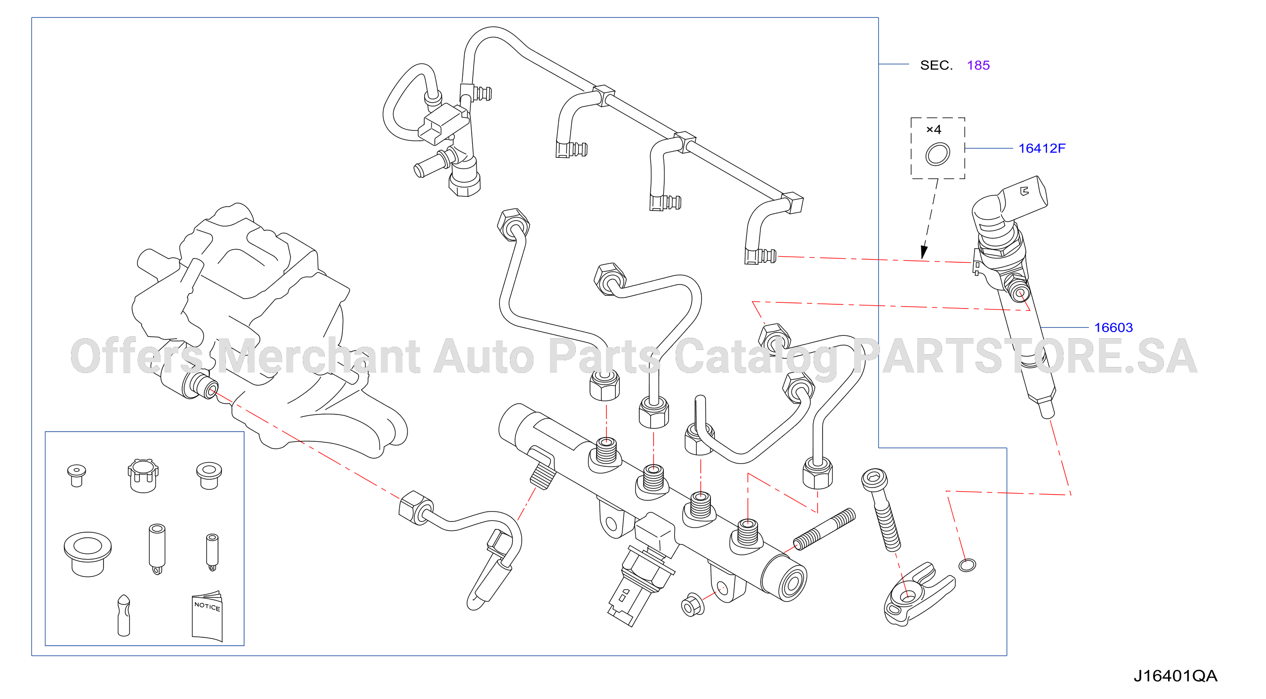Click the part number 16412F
(1041, 148)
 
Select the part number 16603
(1113, 327)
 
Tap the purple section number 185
(978, 65)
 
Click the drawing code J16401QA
(1175, 676)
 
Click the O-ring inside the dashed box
(937, 154)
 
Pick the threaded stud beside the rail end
(824, 529)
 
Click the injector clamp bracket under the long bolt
(917, 594)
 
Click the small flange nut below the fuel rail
(692, 605)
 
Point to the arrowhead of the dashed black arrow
(924, 252)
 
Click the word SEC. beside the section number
(936, 65)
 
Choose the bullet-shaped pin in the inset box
(124, 616)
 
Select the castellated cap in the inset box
(143, 475)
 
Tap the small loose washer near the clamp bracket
(967, 565)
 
